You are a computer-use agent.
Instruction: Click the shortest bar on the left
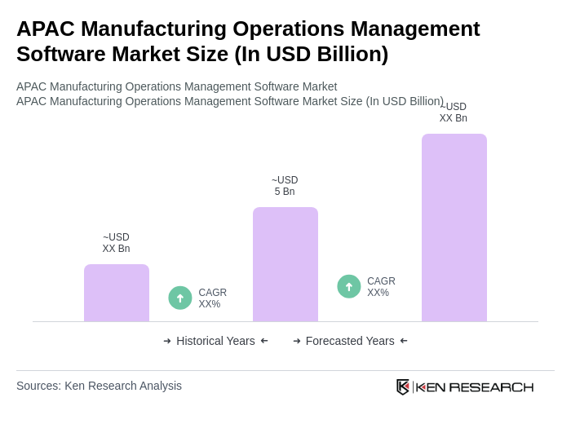tap(117, 293)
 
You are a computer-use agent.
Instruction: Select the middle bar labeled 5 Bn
tap(285, 264)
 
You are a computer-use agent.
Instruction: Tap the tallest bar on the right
tap(454, 227)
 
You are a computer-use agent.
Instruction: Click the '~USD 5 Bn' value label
tap(285, 186)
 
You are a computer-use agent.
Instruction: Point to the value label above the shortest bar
tap(116, 243)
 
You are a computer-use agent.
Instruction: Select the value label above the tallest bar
tap(454, 113)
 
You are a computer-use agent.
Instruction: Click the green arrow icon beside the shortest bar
tap(180, 298)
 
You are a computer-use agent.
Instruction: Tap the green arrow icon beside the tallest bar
tap(349, 286)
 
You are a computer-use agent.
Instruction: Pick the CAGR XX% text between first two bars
tap(212, 298)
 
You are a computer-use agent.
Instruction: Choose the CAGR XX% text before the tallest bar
tap(381, 287)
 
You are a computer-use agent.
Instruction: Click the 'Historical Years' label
tap(215, 341)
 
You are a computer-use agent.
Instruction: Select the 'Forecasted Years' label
tap(350, 341)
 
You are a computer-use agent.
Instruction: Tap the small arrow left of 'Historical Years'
tap(167, 341)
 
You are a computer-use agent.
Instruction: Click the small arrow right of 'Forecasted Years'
tap(404, 341)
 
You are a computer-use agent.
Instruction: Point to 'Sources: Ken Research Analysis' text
tap(99, 386)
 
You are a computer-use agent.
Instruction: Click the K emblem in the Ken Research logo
tap(403, 386)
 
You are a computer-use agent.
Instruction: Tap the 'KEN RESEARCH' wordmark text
tap(475, 386)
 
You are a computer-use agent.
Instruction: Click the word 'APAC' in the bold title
tap(46, 29)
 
